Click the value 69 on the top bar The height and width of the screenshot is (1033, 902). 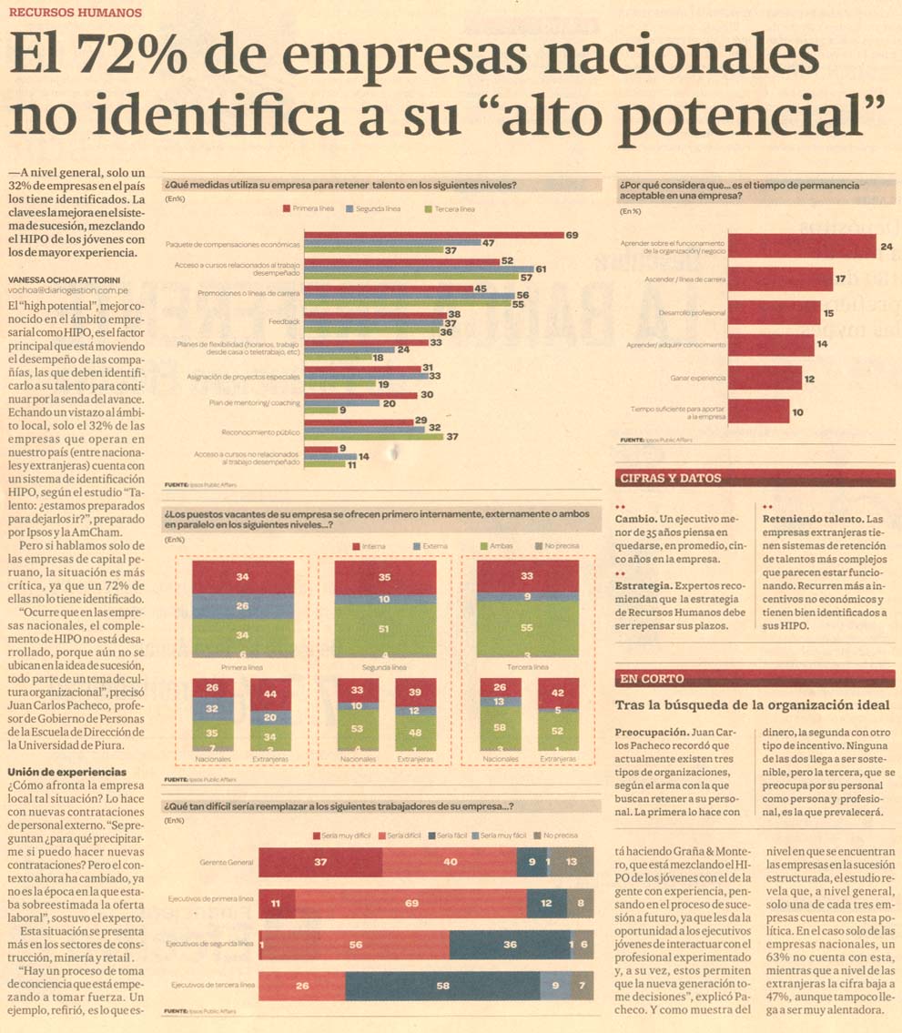coord(572,235)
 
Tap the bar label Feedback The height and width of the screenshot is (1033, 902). coord(284,321)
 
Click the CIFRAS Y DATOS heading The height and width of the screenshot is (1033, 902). coord(670,478)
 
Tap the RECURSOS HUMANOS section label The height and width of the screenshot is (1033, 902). coord(75,13)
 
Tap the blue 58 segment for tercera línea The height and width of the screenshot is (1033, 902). coord(442,986)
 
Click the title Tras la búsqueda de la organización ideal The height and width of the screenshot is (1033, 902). coord(752,705)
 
